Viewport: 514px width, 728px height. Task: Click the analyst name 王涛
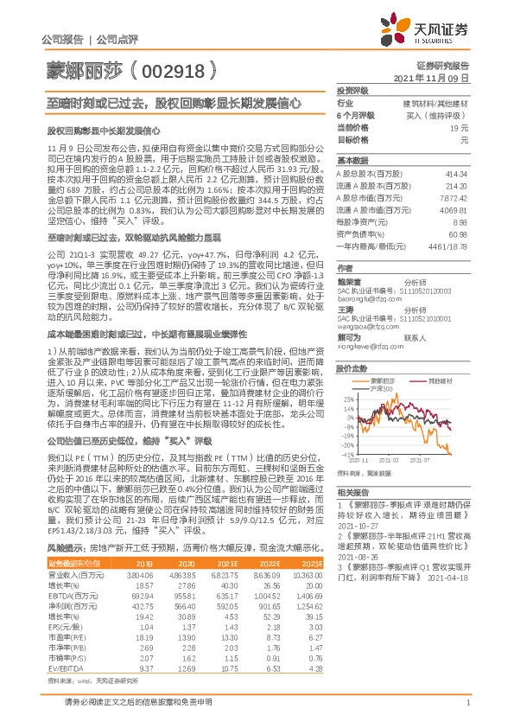pyautogui.click(x=345, y=309)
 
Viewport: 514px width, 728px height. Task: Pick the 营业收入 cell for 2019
pyautogui.click(x=142, y=526)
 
